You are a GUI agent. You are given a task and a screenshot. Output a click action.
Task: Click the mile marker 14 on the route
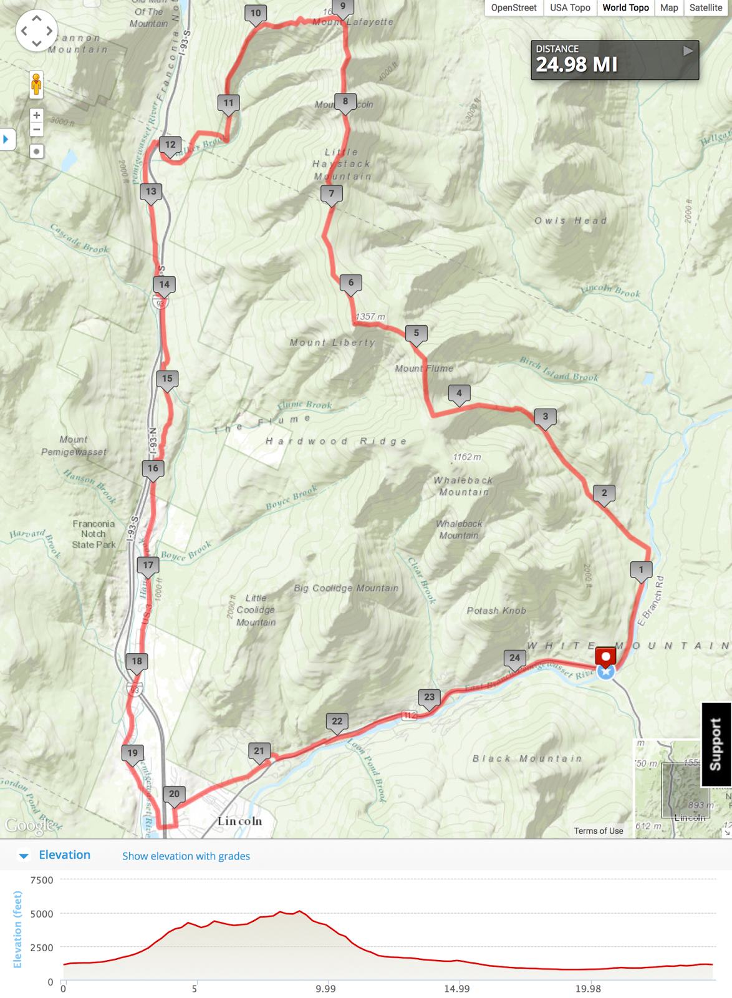click(x=164, y=285)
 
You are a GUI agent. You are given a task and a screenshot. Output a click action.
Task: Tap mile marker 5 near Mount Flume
click(x=416, y=334)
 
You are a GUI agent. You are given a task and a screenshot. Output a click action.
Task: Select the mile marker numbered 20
click(x=174, y=795)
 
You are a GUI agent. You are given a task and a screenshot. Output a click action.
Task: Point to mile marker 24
click(x=514, y=658)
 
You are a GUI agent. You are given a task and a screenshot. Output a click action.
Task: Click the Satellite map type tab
click(x=705, y=8)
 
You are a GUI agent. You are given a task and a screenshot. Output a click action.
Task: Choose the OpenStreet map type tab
click(x=513, y=8)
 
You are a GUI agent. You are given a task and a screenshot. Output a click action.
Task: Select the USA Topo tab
click(x=569, y=8)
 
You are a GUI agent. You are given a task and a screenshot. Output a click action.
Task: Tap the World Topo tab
click(x=625, y=8)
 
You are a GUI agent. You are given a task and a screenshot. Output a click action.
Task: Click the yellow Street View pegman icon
click(x=36, y=84)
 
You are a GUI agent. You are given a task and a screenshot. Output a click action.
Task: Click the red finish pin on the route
click(x=605, y=657)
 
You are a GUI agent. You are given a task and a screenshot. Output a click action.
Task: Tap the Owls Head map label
click(x=570, y=221)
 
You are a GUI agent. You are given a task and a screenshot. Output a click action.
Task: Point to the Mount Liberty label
click(x=332, y=342)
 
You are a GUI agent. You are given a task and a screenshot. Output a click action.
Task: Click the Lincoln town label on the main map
click(x=239, y=821)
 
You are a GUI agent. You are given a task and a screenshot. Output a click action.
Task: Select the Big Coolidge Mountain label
click(x=345, y=588)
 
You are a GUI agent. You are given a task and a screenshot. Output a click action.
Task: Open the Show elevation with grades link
click(x=186, y=856)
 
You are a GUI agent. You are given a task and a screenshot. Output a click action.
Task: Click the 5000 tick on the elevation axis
click(x=42, y=914)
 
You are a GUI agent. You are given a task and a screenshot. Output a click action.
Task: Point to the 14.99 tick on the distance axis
click(x=456, y=989)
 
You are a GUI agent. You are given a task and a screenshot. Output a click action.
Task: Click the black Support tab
click(x=716, y=744)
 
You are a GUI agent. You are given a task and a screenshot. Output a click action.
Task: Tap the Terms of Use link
click(x=598, y=831)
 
